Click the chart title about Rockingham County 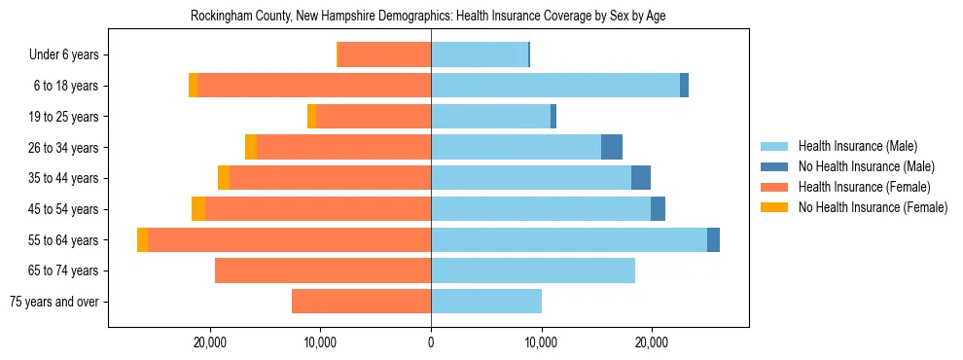click(428, 17)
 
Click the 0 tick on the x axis click(431, 342)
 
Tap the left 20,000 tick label click(210, 342)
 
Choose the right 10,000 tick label click(541, 342)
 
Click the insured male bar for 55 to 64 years click(568, 240)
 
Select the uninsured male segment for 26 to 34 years click(612, 148)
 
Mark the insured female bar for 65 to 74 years click(323, 270)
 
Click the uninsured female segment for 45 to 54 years click(198, 209)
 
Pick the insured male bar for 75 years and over click(486, 302)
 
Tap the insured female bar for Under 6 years click(384, 55)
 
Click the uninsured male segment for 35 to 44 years click(641, 178)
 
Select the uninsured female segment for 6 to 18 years click(193, 86)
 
